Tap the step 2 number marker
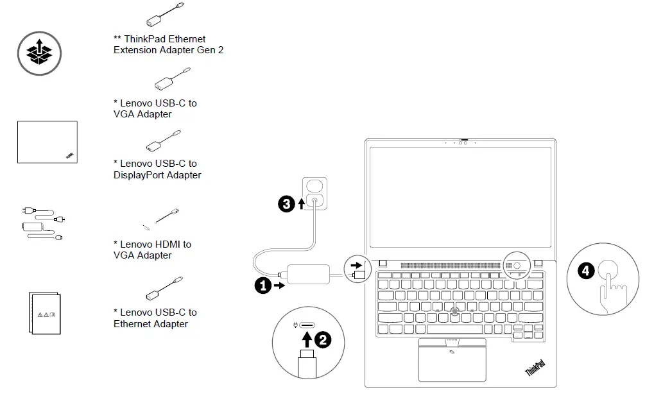click(323, 339)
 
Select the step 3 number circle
click(286, 204)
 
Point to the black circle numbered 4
click(585, 271)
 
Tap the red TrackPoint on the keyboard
click(455, 312)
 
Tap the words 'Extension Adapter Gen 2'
click(168, 50)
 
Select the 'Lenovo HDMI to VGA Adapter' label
click(152, 250)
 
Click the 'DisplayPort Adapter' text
click(157, 175)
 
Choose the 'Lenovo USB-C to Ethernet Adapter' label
click(155, 318)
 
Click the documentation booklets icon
click(44, 313)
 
